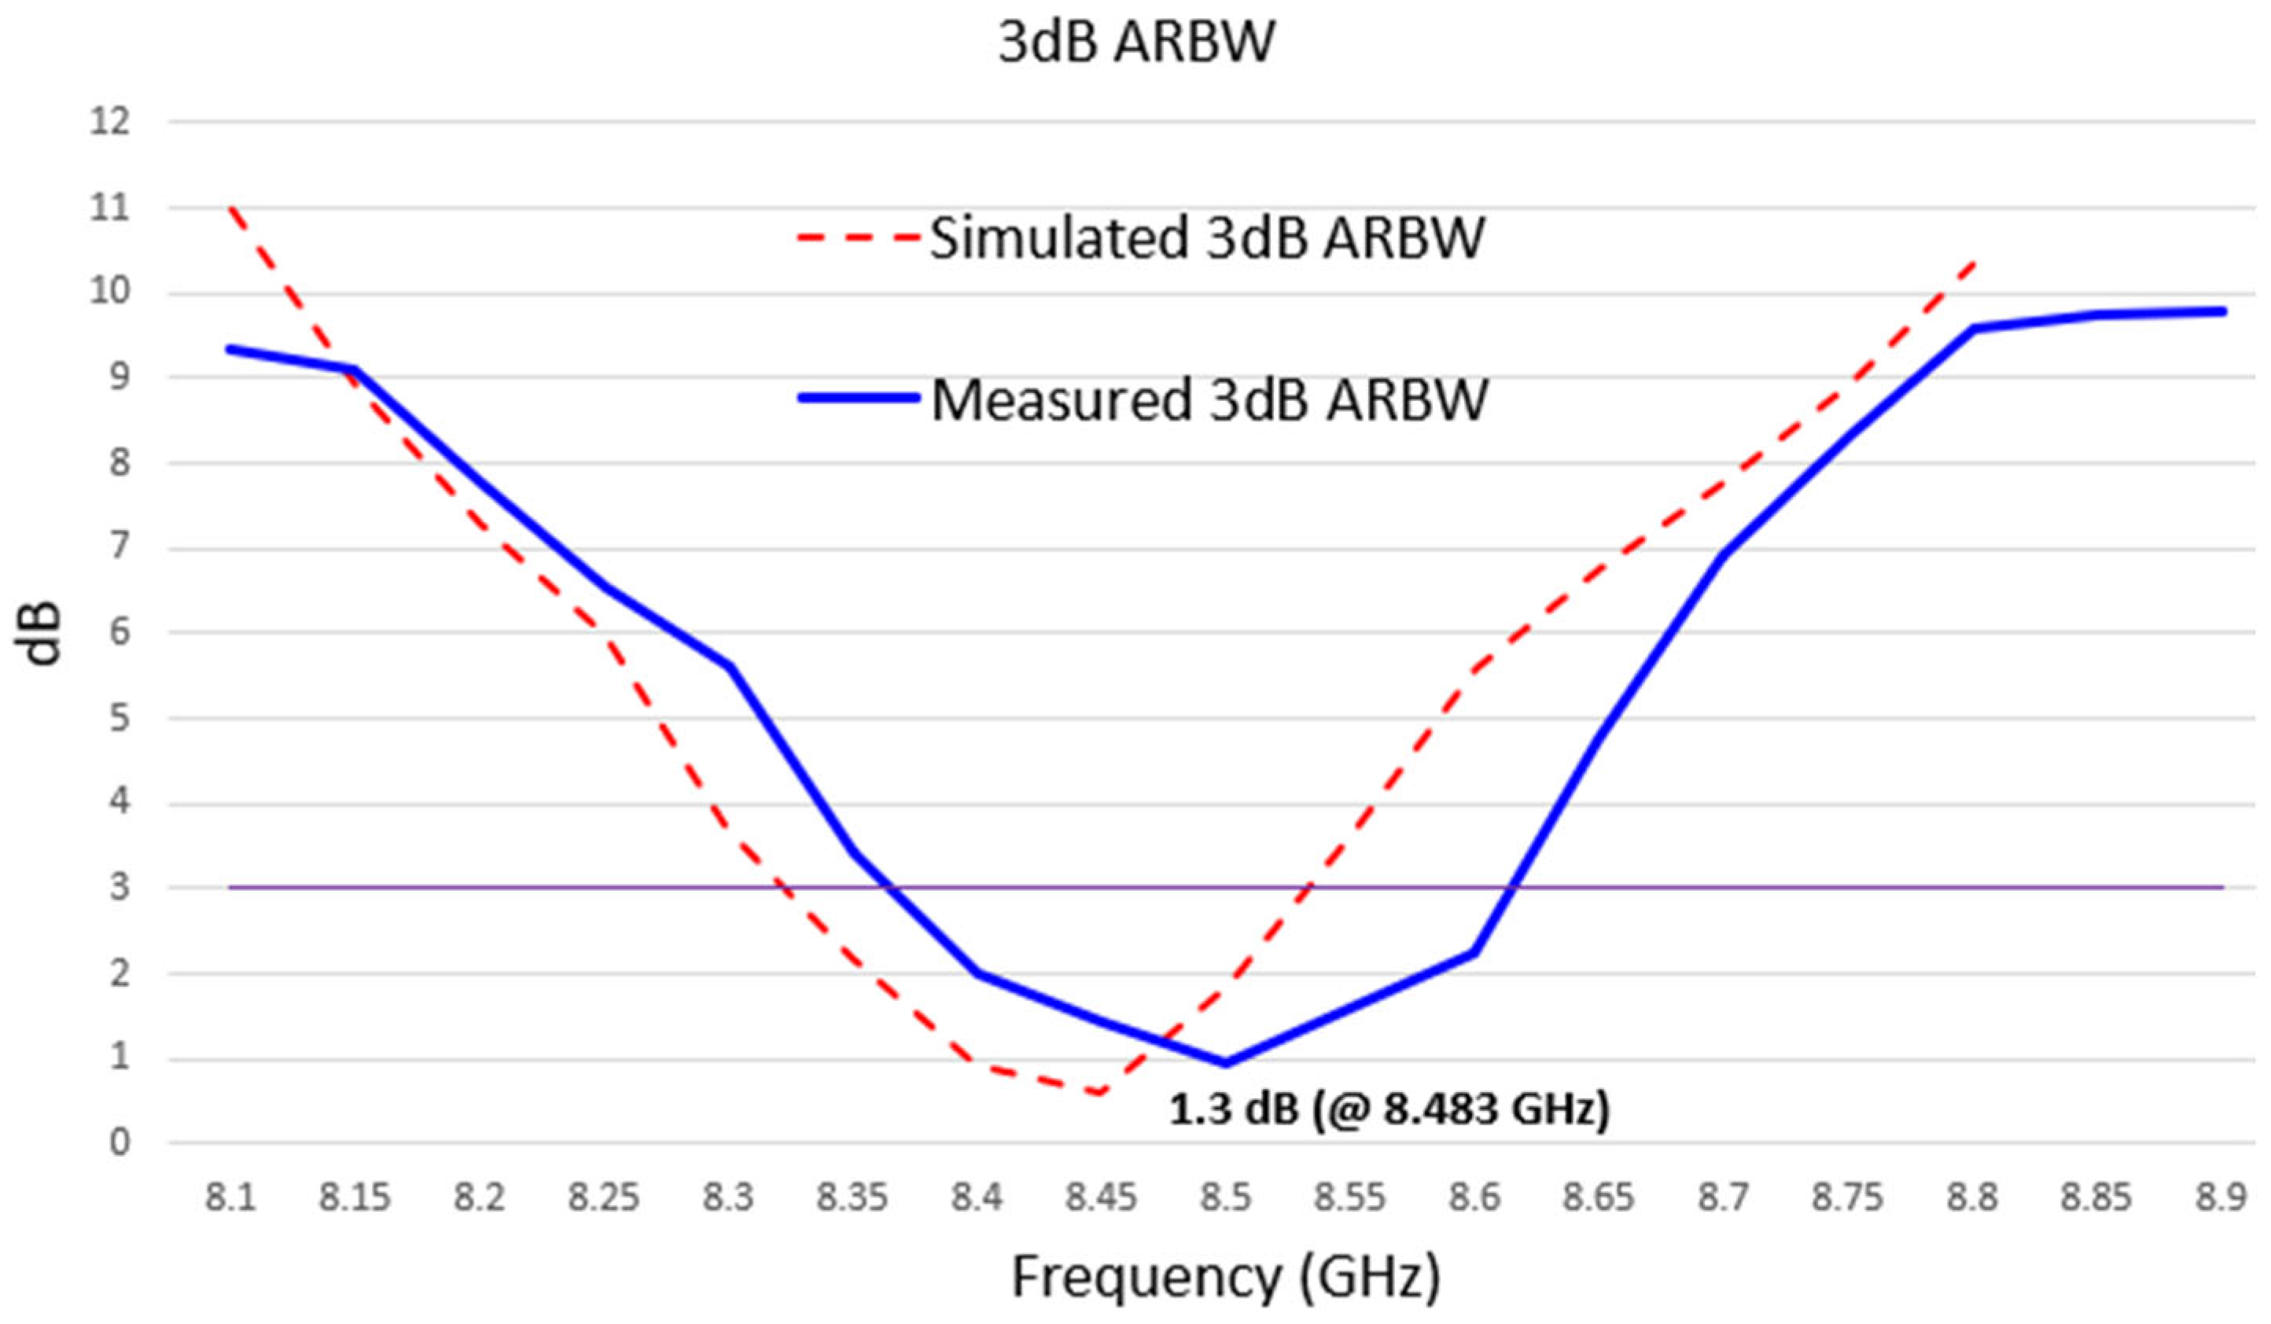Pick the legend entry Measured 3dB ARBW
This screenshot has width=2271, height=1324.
(x=1209, y=399)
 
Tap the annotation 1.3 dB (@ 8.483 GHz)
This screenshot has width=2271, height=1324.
(x=1389, y=1109)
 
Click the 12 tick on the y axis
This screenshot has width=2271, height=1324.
(x=109, y=121)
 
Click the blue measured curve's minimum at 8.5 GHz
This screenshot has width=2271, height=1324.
(x=1226, y=1064)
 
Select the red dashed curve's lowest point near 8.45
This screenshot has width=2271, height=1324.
(x=1100, y=1094)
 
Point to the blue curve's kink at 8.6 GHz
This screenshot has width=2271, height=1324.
(x=1474, y=953)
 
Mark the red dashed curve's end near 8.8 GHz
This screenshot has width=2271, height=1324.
(x=1974, y=263)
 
